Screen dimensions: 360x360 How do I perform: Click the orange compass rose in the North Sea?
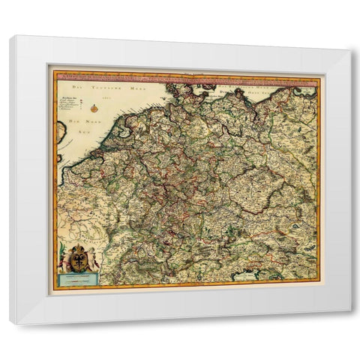click(x=94, y=108)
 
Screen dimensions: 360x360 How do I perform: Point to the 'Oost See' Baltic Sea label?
click(x=240, y=88)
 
